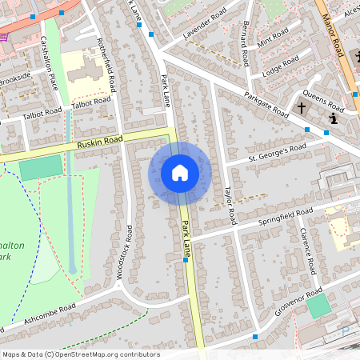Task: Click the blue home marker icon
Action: [180, 173]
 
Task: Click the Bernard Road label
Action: [241, 43]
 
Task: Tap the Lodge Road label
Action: [280, 68]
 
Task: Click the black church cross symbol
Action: [302, 106]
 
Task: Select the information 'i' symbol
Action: [332, 119]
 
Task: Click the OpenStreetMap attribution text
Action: [80, 354]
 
